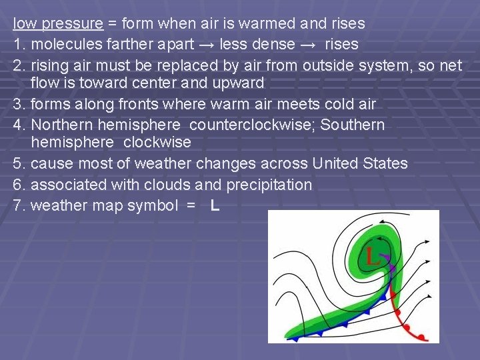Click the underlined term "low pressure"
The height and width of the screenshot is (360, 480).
[58, 24]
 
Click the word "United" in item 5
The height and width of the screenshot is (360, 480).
[337, 164]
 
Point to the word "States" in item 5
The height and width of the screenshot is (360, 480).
[387, 164]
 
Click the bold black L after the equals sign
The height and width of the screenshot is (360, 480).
[215, 205]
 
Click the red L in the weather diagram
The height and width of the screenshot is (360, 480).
[371, 255]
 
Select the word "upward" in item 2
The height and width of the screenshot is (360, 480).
[239, 84]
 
